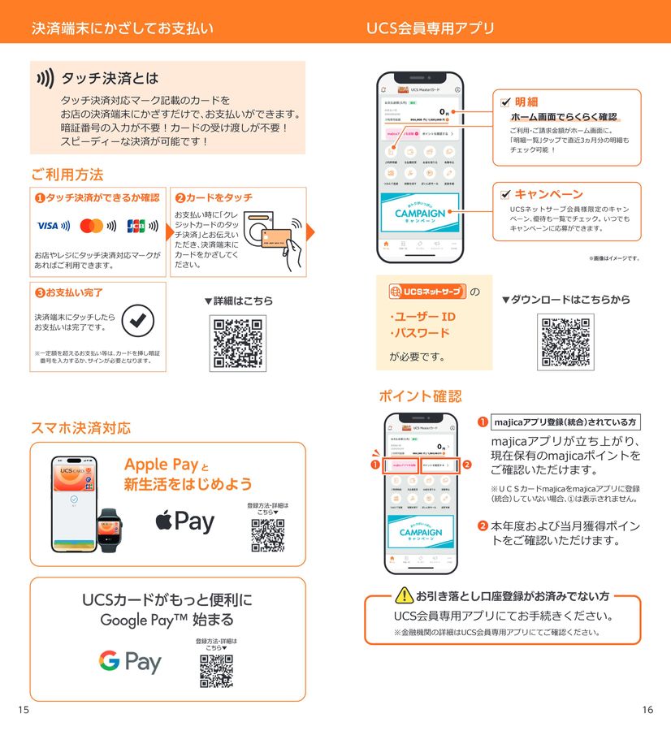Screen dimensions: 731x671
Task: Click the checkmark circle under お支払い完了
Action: click(x=137, y=322)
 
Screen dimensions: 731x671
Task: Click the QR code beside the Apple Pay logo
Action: click(x=267, y=535)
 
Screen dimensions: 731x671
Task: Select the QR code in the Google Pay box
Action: click(x=216, y=671)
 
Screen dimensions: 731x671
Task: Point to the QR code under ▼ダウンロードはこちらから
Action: click(x=565, y=341)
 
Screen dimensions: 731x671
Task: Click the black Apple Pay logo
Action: click(x=185, y=521)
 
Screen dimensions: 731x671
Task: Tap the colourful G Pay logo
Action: click(x=130, y=661)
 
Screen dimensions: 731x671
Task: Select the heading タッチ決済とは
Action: click(x=110, y=79)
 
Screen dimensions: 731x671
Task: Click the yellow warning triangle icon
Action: click(x=405, y=596)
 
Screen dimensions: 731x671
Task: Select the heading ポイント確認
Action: click(x=420, y=396)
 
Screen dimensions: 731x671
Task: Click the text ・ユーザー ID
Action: click(x=422, y=316)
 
